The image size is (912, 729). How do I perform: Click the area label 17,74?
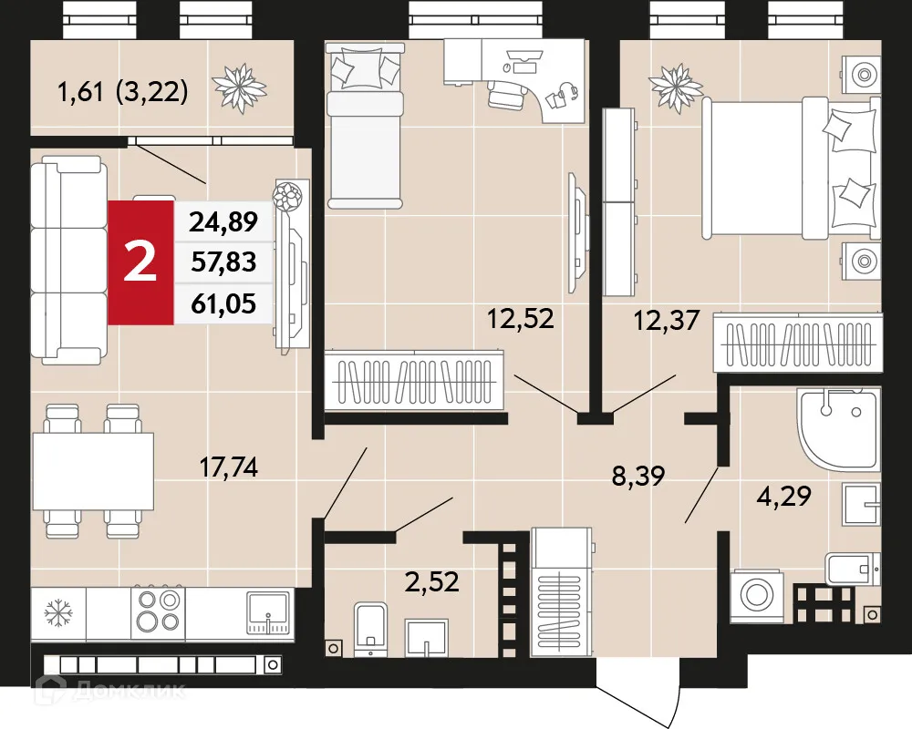[229, 467]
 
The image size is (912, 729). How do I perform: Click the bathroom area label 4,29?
[784, 498]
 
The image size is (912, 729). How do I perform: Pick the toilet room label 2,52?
[431, 580]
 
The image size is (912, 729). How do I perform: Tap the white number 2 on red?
[140, 262]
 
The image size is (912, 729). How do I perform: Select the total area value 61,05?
[223, 303]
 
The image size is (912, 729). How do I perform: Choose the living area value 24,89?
[223, 221]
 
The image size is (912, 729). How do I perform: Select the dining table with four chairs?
[92, 471]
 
